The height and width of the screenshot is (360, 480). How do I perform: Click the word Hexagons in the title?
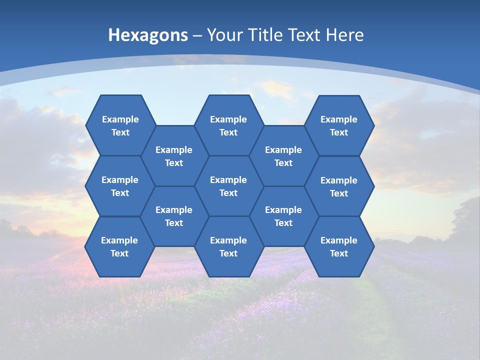click(148, 35)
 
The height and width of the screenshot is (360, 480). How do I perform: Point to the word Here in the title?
click(344, 35)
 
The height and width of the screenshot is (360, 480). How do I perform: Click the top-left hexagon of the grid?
click(120, 125)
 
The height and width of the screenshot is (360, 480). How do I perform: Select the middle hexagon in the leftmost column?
click(120, 186)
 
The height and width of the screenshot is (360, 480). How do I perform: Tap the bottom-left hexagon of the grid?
click(119, 246)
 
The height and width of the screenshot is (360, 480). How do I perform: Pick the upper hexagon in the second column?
click(174, 156)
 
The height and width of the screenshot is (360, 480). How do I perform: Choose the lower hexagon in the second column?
click(174, 216)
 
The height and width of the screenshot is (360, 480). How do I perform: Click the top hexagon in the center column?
click(228, 125)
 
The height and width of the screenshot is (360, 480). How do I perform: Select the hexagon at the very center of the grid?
click(228, 186)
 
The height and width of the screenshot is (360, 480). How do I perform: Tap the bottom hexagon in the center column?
click(228, 246)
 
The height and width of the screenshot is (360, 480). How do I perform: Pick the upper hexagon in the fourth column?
click(283, 156)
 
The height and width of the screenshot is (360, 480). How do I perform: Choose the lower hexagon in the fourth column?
click(283, 216)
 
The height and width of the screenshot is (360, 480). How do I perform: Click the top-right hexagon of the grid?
click(339, 125)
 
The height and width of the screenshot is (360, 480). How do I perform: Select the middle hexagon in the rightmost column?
click(339, 186)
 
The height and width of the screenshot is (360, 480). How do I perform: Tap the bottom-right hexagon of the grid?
click(339, 246)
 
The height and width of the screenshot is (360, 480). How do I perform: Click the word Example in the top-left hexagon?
click(120, 119)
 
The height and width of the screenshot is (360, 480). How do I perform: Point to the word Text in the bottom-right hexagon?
click(339, 253)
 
